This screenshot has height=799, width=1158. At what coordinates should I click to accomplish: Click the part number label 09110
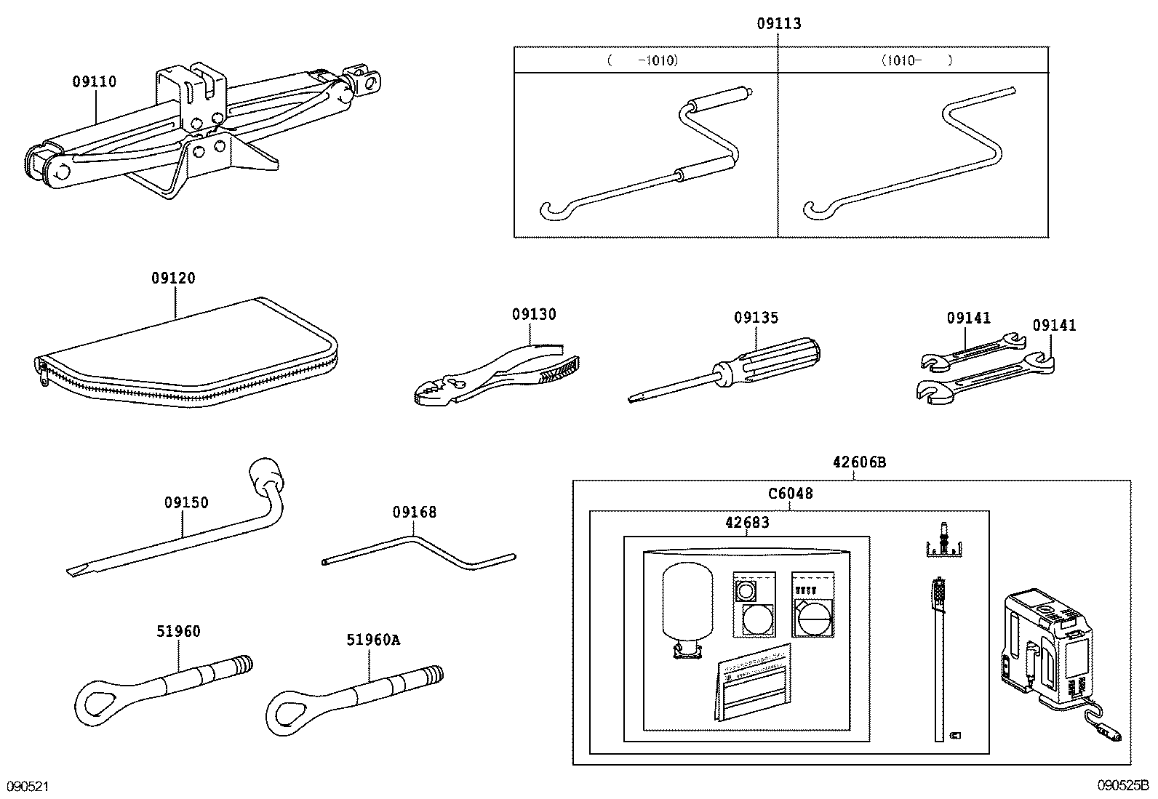94,82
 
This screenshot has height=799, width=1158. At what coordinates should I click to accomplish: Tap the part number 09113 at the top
778,24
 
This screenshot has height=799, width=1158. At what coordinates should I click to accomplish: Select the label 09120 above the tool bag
173,278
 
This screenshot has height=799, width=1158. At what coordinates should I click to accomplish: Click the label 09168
415,513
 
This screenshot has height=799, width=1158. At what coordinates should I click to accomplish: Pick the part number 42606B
859,462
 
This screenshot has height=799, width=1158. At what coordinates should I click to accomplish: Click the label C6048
791,494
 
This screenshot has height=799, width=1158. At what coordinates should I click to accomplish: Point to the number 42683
747,522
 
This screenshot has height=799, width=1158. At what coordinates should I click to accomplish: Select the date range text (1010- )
916,61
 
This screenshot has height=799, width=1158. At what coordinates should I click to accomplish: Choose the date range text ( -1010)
643,61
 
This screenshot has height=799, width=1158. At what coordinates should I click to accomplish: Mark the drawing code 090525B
1123,787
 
